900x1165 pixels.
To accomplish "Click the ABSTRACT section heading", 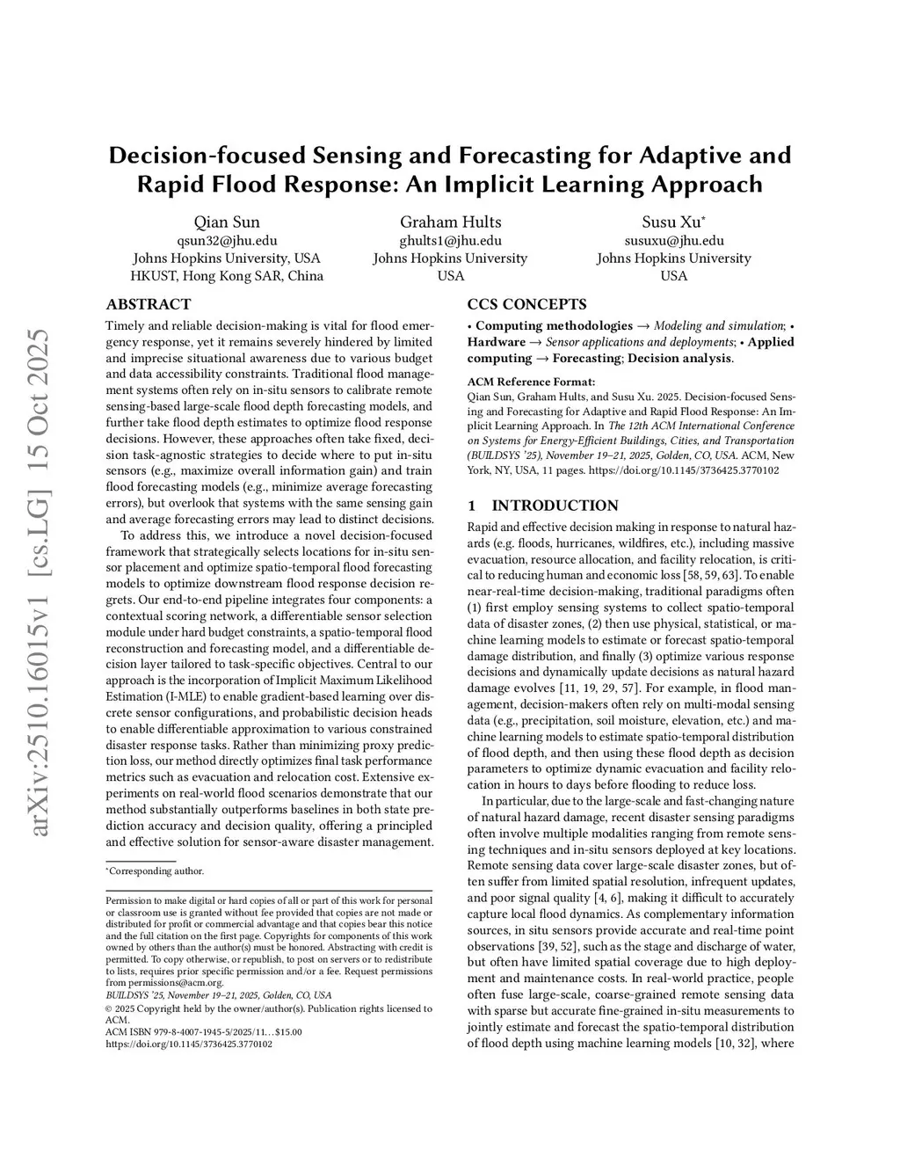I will pos(148,304).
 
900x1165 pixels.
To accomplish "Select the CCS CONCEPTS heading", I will pos(526,304).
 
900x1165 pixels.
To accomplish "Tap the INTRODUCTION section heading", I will pos(554,506).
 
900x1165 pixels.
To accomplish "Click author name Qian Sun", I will pos(227,222).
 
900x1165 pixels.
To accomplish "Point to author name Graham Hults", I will pos(450,222).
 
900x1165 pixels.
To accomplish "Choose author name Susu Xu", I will pos(673,222).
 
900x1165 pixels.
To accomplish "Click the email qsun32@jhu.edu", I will pos(227,240).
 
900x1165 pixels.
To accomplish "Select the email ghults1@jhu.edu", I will pos(450,240).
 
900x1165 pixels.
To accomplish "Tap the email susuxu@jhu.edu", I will pos(674,240).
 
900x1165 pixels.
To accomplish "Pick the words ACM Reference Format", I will pos(531,382).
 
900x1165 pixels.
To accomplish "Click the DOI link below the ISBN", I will pos(188,1045).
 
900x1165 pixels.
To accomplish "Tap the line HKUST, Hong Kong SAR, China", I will pos(227,275).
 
